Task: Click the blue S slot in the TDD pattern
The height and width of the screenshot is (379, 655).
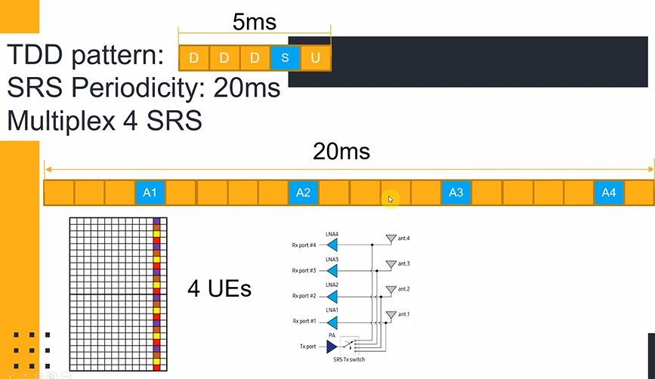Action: [x=285, y=58]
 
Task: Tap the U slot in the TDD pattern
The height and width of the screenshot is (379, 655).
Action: [x=315, y=58]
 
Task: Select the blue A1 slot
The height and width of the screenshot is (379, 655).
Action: [x=150, y=193]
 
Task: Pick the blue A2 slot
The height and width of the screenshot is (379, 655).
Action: [x=303, y=193]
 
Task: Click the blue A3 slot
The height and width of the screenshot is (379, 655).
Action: [x=456, y=193]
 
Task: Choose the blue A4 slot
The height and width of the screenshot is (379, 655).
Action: [x=608, y=193]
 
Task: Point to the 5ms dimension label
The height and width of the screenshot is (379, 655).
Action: [x=254, y=22]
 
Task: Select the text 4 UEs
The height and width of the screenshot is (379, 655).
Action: [x=219, y=289]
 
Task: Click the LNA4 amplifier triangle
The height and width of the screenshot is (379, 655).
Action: [x=332, y=245]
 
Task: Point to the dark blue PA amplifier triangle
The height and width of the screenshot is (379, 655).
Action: [x=332, y=347]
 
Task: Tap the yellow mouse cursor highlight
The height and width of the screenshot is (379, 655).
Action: [x=390, y=199]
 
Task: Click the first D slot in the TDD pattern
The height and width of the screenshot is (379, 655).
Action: [x=194, y=58]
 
